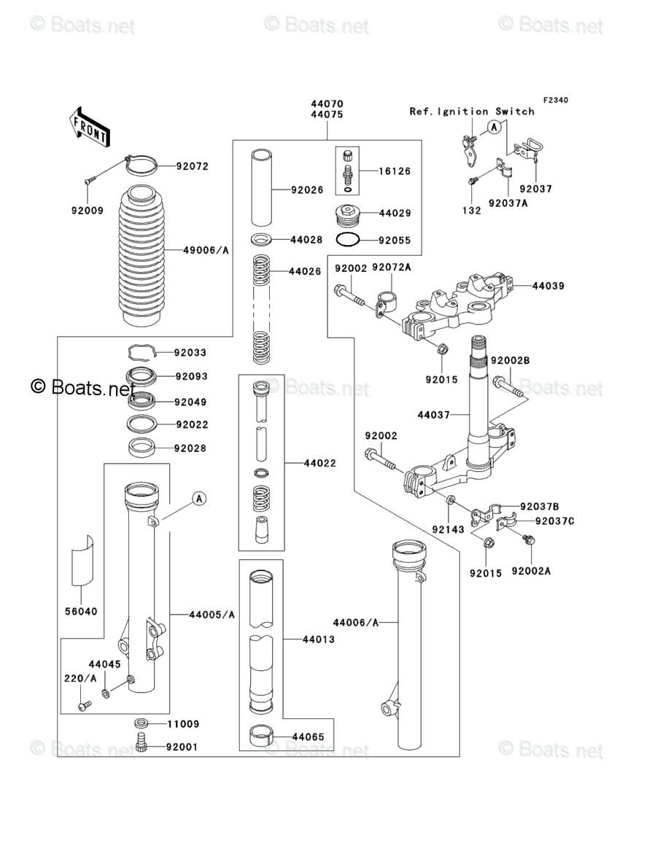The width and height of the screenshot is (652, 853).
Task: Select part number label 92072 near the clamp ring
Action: [x=192, y=166]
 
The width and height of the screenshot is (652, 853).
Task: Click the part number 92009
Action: [x=87, y=211]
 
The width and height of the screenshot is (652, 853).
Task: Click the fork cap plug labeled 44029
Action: [x=346, y=215]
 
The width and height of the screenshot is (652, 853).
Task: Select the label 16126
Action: [x=395, y=171]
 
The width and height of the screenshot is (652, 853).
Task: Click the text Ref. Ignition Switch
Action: [x=471, y=112]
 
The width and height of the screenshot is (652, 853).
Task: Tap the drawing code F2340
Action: [x=554, y=101]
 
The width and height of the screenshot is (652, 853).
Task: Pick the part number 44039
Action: [x=548, y=286]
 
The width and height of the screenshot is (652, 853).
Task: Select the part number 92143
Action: [x=447, y=529]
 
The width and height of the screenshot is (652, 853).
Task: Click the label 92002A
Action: [x=530, y=570]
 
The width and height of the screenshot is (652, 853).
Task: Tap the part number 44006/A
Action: [x=356, y=622]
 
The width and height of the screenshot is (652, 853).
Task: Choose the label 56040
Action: [x=82, y=611]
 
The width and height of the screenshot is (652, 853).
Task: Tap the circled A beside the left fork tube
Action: [x=199, y=499]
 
